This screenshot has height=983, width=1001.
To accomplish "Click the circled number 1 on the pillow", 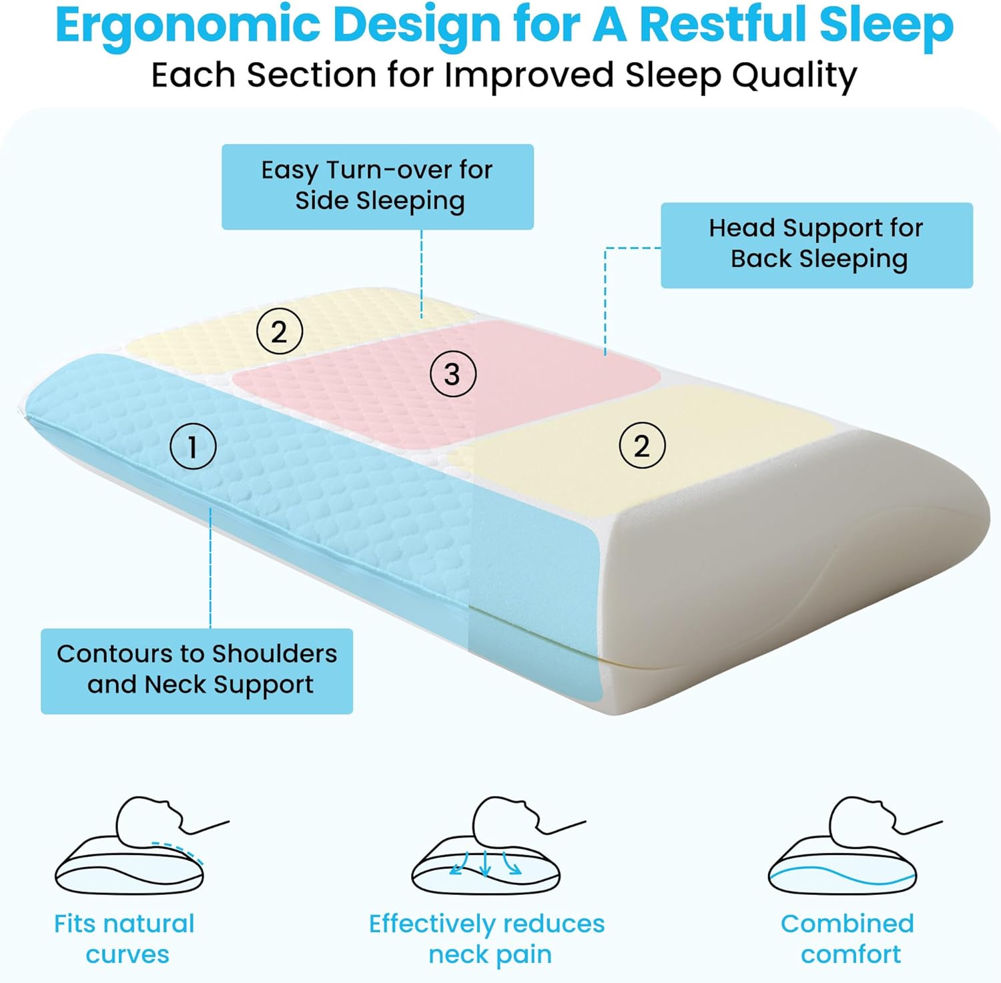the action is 193,446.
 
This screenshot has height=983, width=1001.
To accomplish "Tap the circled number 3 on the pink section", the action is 453,374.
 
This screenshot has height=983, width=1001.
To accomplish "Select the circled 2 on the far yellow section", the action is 280,332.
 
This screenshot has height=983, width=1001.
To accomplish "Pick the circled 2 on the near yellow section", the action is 642,445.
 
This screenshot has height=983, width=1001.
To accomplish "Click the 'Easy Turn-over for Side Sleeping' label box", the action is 378,187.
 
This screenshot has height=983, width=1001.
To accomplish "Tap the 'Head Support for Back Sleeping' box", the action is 817,246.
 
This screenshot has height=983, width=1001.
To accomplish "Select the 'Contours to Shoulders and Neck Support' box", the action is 197,671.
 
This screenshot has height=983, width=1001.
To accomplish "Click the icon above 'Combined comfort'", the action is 843,845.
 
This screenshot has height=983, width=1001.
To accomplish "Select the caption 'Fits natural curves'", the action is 125,939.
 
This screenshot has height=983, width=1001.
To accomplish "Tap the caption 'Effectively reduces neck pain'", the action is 487,939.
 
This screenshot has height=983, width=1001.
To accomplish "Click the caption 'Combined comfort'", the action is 848,939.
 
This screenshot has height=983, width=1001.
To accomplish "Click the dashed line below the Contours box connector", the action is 210,568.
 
